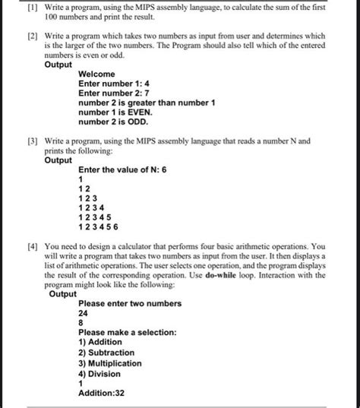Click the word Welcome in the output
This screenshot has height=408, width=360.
(x=96, y=74)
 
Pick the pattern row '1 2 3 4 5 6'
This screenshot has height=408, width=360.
(x=98, y=226)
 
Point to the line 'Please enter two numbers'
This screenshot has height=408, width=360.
(x=130, y=303)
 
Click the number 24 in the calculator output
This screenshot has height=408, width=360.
(x=84, y=313)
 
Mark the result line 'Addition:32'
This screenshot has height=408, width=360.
(x=102, y=394)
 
